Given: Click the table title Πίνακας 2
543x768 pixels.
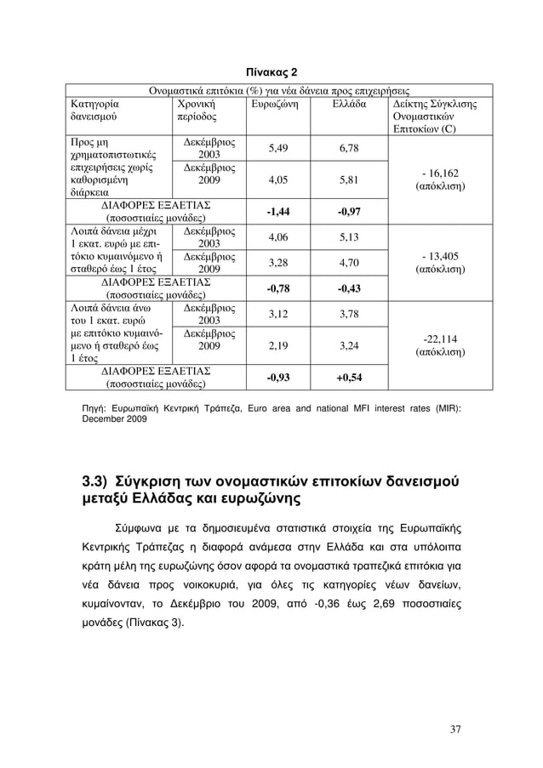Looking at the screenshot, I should [271, 69].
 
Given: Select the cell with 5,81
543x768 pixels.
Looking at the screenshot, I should [350, 179].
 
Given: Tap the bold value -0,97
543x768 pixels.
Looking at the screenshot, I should [350, 211].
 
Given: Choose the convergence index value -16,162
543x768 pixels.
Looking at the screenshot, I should [437, 171].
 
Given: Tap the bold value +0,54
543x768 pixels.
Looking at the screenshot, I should [350, 377].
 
